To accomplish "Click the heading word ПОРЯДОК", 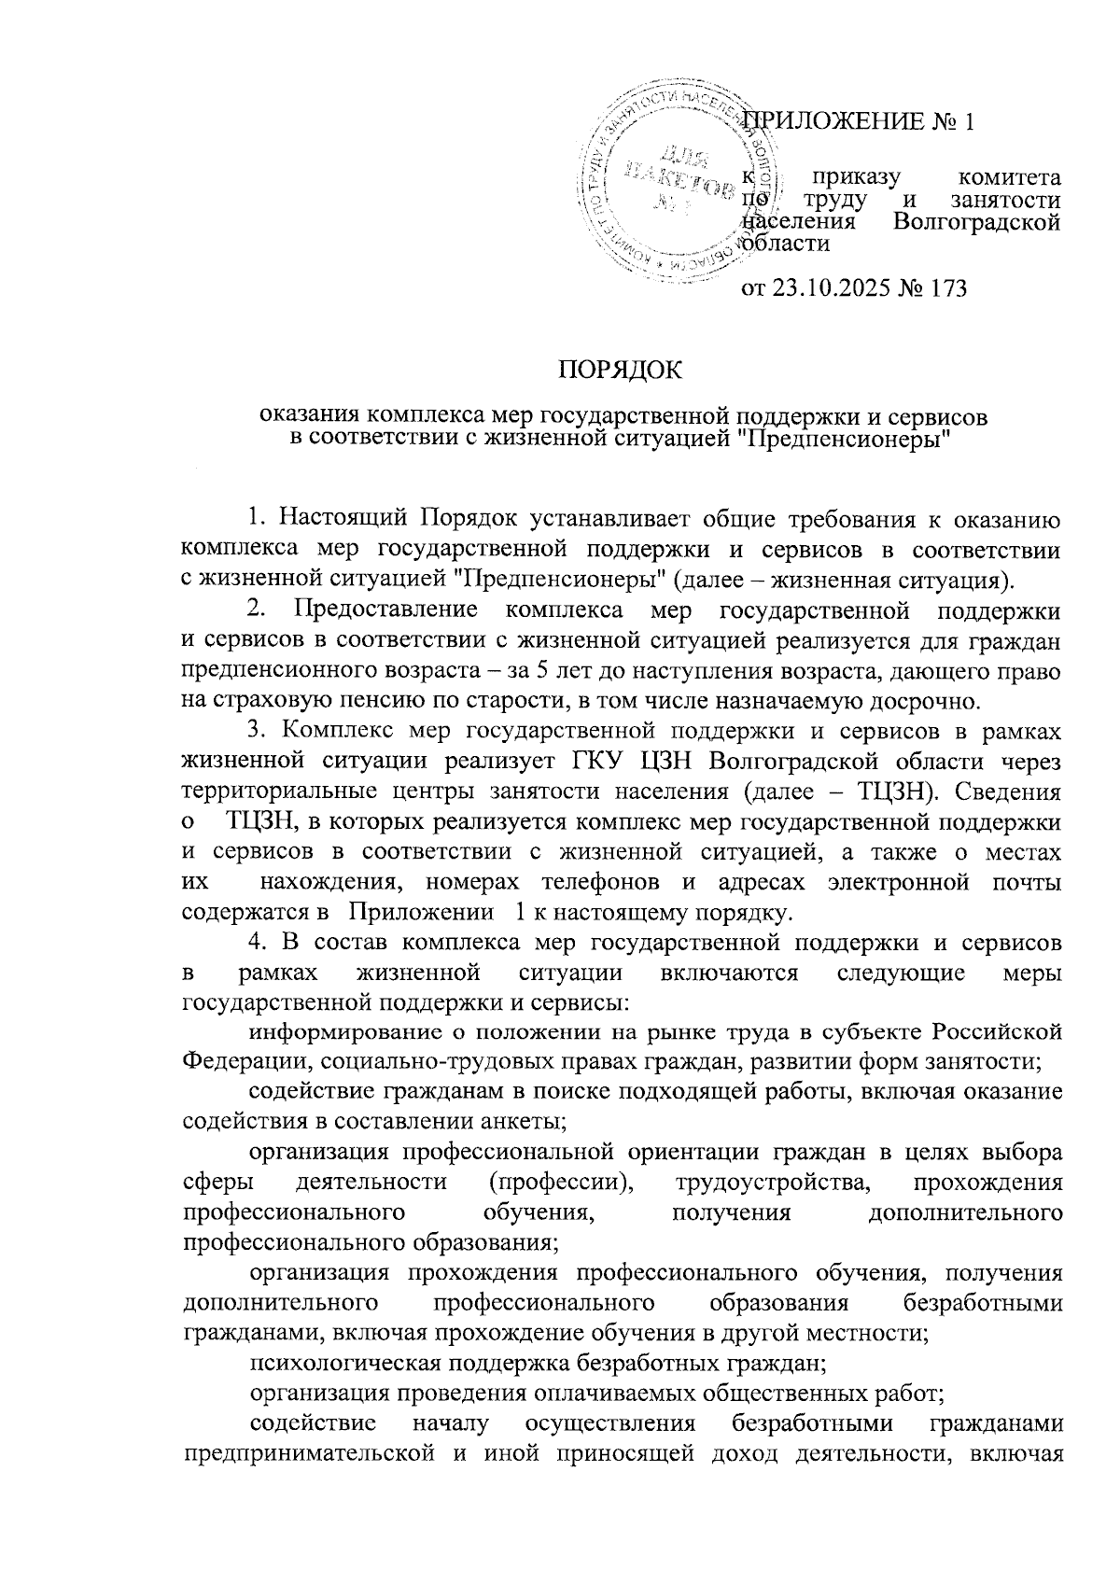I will pyautogui.click(x=620, y=371).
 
